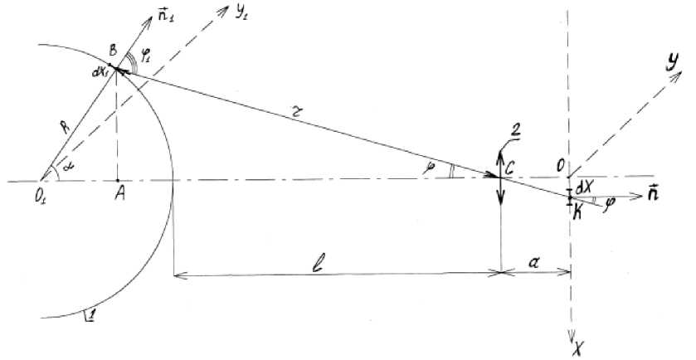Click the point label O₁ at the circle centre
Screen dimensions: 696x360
tap(42, 195)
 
